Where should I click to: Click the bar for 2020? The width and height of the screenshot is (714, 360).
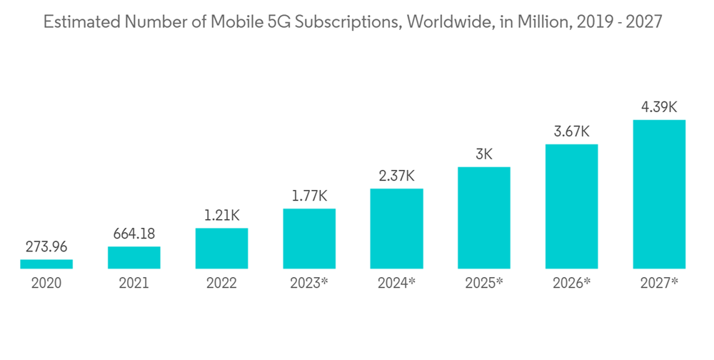(x=46, y=264)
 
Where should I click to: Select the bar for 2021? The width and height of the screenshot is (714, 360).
(x=134, y=258)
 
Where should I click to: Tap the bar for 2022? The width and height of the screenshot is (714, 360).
(x=221, y=249)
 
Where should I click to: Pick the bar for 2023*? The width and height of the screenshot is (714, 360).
(x=309, y=239)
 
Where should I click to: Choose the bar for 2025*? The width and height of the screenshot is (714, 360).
(x=484, y=218)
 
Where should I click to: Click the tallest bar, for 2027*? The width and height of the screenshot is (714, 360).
(x=659, y=194)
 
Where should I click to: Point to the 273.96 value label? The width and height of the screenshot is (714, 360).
(x=46, y=248)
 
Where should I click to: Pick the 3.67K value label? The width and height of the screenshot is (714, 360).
(x=571, y=132)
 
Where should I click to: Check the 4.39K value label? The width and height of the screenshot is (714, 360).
(x=659, y=108)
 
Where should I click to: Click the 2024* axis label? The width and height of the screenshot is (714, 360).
(x=396, y=284)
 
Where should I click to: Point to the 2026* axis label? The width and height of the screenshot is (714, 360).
(x=571, y=284)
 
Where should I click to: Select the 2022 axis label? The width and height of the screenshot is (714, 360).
(x=221, y=284)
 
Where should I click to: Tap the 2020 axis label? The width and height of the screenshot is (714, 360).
(x=46, y=284)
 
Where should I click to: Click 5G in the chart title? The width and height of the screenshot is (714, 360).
(x=272, y=22)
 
